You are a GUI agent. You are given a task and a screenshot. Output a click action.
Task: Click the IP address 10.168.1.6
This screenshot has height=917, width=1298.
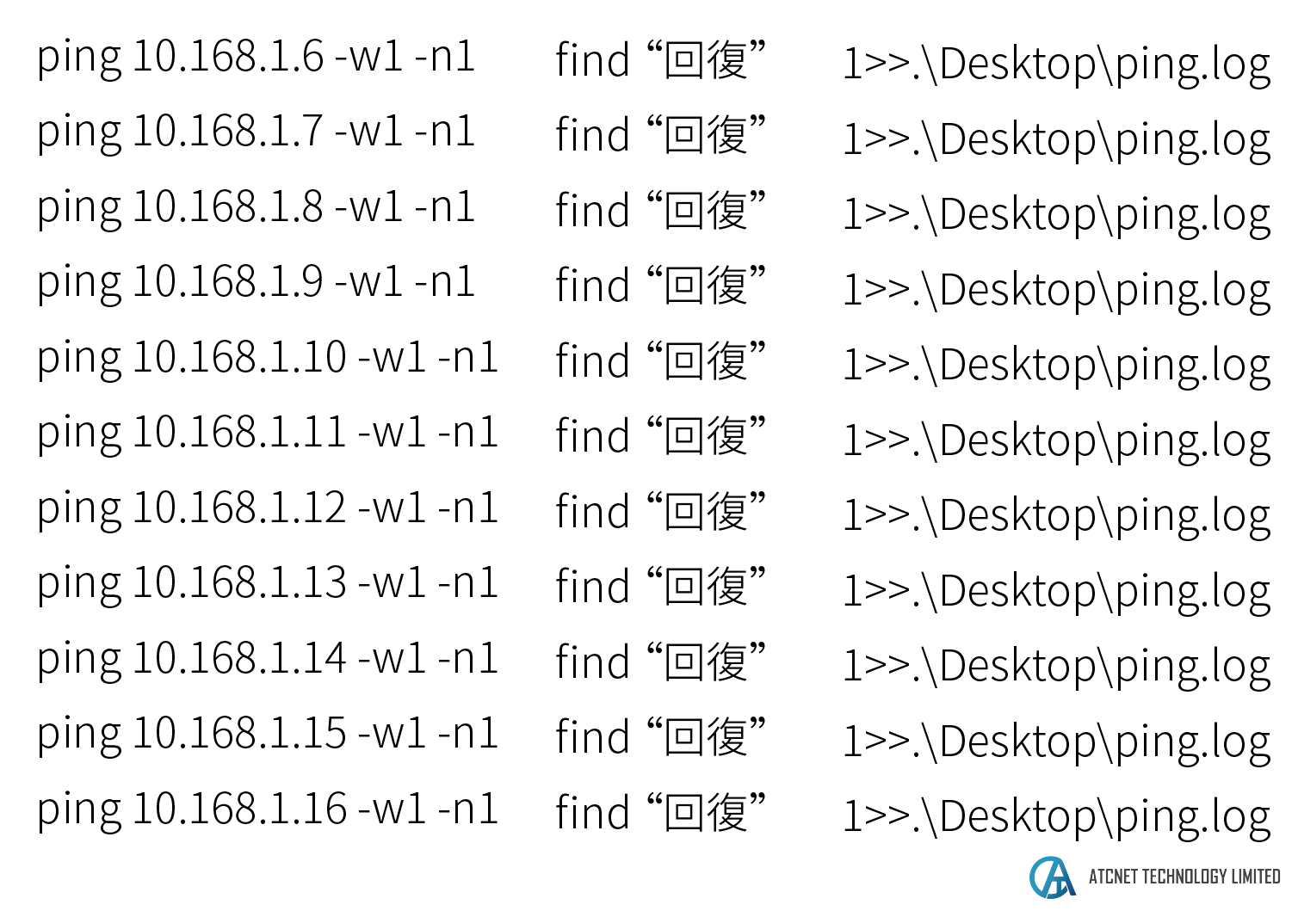coord(228,57)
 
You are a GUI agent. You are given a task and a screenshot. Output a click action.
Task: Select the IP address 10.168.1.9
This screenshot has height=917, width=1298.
coord(228,282)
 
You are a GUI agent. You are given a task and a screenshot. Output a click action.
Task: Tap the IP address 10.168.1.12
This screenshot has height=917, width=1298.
coord(239,508)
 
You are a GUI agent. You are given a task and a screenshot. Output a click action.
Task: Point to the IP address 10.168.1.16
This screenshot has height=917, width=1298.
coord(239,809)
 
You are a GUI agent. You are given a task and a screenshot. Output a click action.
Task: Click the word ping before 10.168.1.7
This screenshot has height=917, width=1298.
coord(79,133)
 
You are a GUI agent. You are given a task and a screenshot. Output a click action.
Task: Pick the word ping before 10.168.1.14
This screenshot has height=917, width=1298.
coord(79,660)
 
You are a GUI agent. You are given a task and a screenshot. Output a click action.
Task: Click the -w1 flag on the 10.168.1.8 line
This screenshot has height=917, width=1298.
coord(368,207)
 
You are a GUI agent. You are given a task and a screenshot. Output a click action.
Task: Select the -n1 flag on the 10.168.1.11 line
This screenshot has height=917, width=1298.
coord(467,433)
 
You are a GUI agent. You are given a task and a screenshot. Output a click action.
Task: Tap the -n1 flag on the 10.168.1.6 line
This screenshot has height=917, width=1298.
coord(444,57)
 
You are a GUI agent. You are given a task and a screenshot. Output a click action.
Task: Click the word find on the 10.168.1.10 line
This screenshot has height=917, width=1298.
coord(592,361)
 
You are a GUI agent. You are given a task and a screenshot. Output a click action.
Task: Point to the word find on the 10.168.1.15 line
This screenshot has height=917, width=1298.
coord(592,737)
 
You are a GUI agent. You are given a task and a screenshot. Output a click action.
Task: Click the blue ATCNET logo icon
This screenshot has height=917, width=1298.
coord(1052,877)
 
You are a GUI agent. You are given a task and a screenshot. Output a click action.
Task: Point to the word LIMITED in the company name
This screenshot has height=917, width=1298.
coord(1256,877)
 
